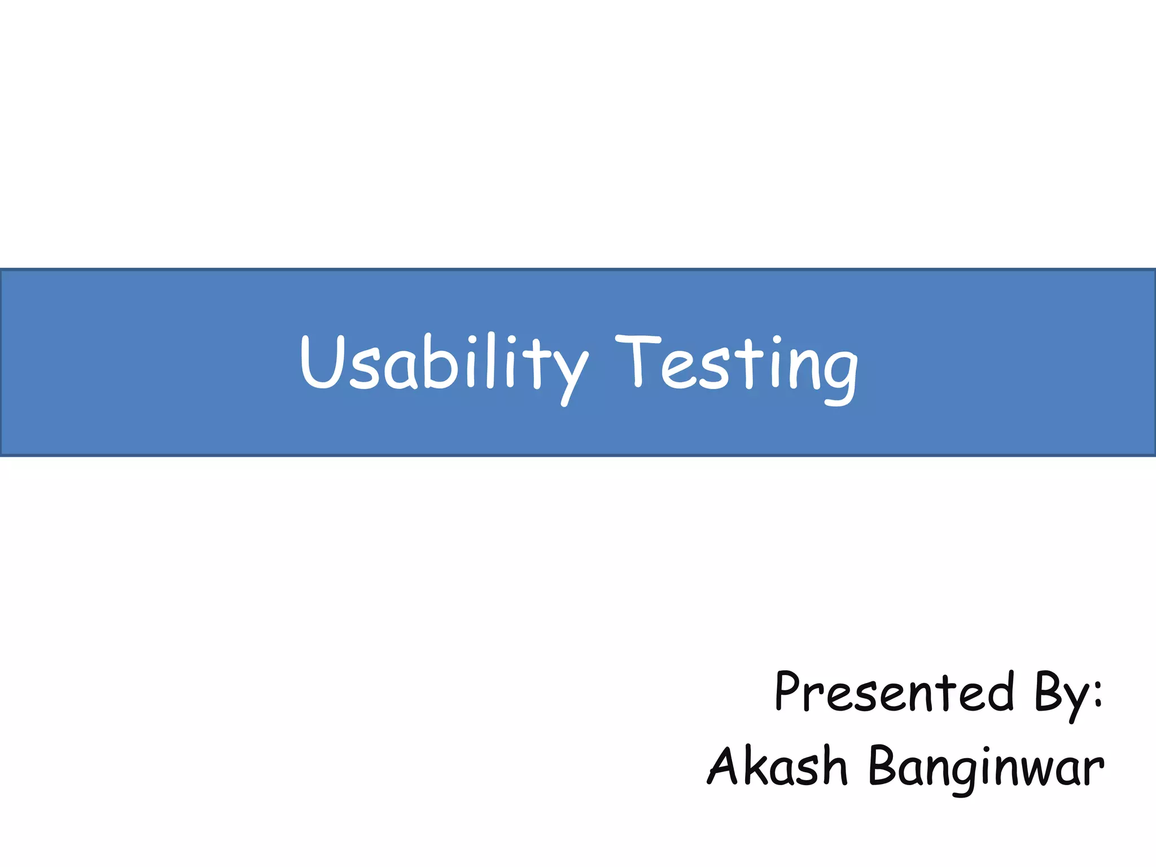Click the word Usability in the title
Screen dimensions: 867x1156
pyautogui.click(x=443, y=364)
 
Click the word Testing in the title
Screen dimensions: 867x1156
pyautogui.click(x=737, y=364)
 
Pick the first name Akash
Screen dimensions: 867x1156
pyautogui.click(x=778, y=766)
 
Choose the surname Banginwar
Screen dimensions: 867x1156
pyautogui.click(x=986, y=766)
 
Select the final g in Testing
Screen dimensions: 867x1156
pyautogui.click(x=838, y=375)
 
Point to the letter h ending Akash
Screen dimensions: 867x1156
pyautogui.click(x=833, y=766)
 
